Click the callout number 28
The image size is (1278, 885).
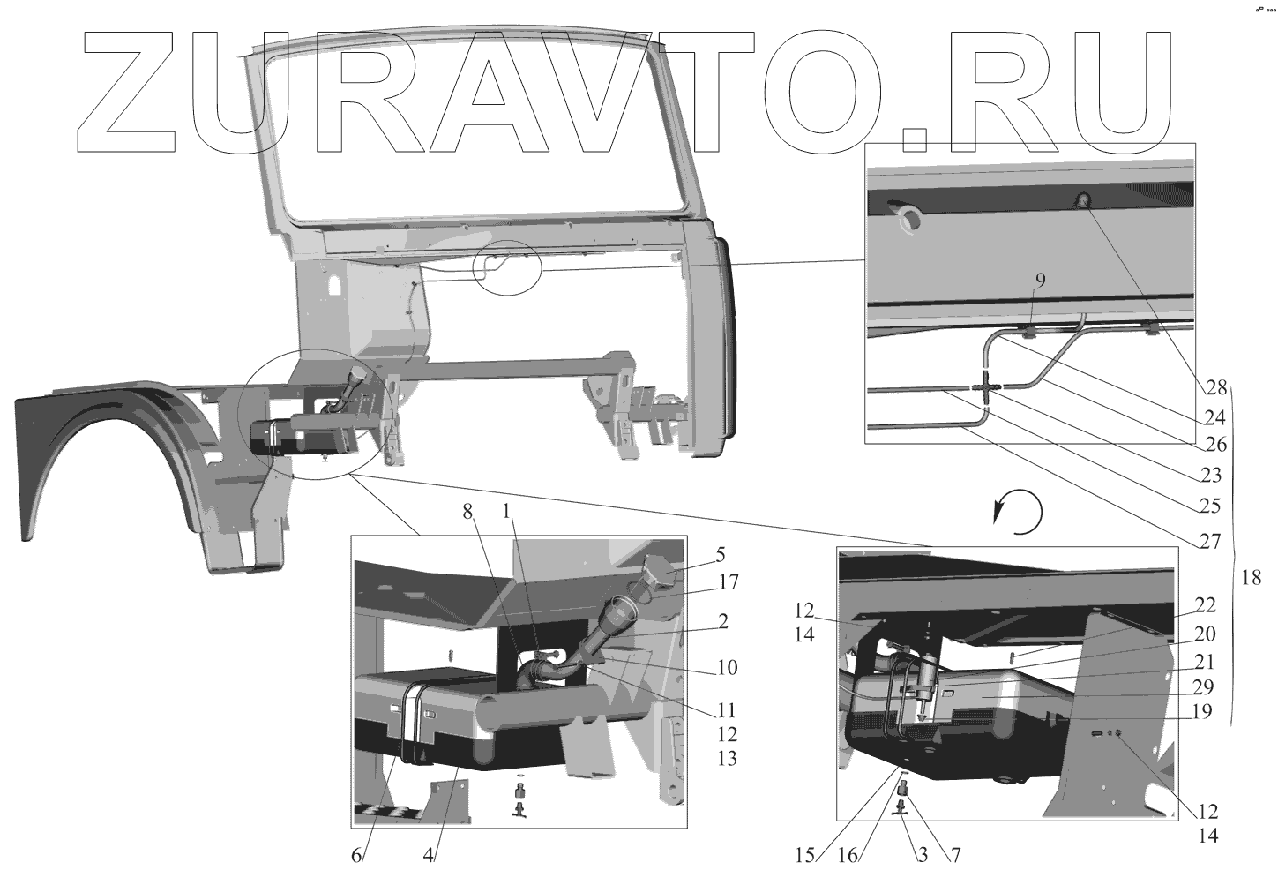[x=1215, y=388]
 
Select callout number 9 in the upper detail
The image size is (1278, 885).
[x=1040, y=281]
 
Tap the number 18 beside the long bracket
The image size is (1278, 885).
[x=1252, y=578]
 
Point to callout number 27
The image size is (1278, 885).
[x=1209, y=542]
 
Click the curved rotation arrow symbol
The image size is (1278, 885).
[x=1018, y=512]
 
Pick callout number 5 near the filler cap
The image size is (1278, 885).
[x=721, y=555]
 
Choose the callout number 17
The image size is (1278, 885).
[x=729, y=582]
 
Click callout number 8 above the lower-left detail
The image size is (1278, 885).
[x=467, y=513]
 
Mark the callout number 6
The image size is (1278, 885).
[x=356, y=856]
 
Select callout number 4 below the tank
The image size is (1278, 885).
[x=428, y=856]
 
